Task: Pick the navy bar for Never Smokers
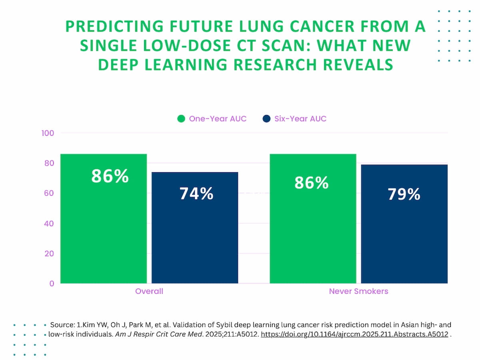coord(404,240)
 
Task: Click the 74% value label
coord(196,194)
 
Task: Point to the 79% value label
coord(404,194)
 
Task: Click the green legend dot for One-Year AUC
coord(181,119)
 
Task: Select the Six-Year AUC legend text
coord(300,119)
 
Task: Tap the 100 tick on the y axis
coord(48,133)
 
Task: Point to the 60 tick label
coord(49,193)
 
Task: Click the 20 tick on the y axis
coord(49,253)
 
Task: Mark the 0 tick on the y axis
coord(52,284)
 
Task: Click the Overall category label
coord(149,291)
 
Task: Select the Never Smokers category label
coord(358,291)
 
